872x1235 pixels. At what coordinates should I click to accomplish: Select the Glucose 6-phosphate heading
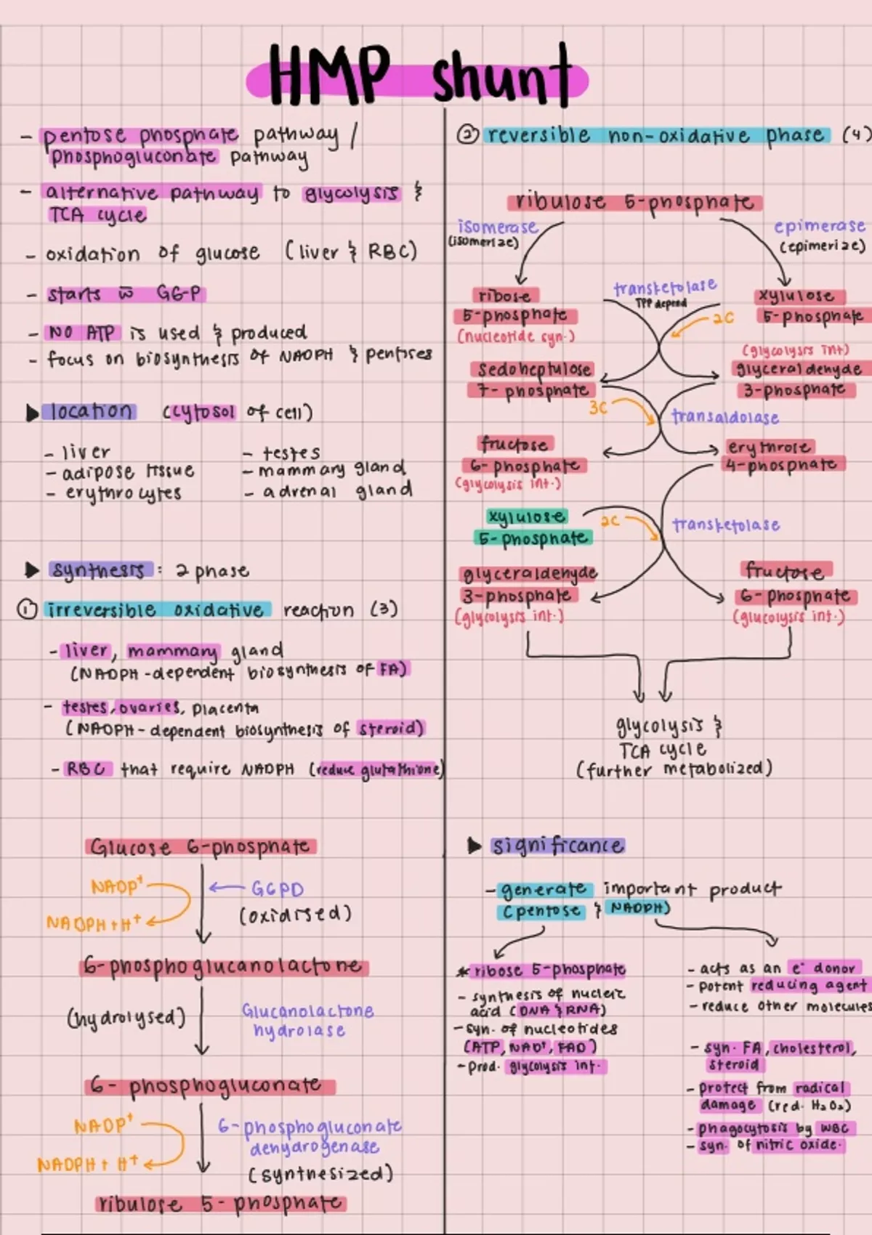click(200, 847)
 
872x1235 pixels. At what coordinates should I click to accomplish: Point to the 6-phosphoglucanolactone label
click(223, 967)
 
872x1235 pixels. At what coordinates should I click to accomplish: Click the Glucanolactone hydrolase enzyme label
click(307, 1020)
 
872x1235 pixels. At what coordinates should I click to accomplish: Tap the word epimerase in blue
click(819, 227)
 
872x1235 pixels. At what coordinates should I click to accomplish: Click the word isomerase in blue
click(497, 227)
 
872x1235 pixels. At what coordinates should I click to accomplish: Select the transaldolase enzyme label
click(724, 417)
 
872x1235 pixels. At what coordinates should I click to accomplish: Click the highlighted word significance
click(557, 846)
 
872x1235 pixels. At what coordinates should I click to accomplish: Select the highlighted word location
click(92, 411)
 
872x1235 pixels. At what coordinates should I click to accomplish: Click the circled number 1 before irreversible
click(26, 610)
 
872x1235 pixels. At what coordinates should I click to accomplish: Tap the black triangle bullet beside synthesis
click(31, 570)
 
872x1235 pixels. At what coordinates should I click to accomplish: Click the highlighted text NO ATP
click(81, 333)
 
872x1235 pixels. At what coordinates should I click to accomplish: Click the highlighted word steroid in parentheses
click(390, 728)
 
